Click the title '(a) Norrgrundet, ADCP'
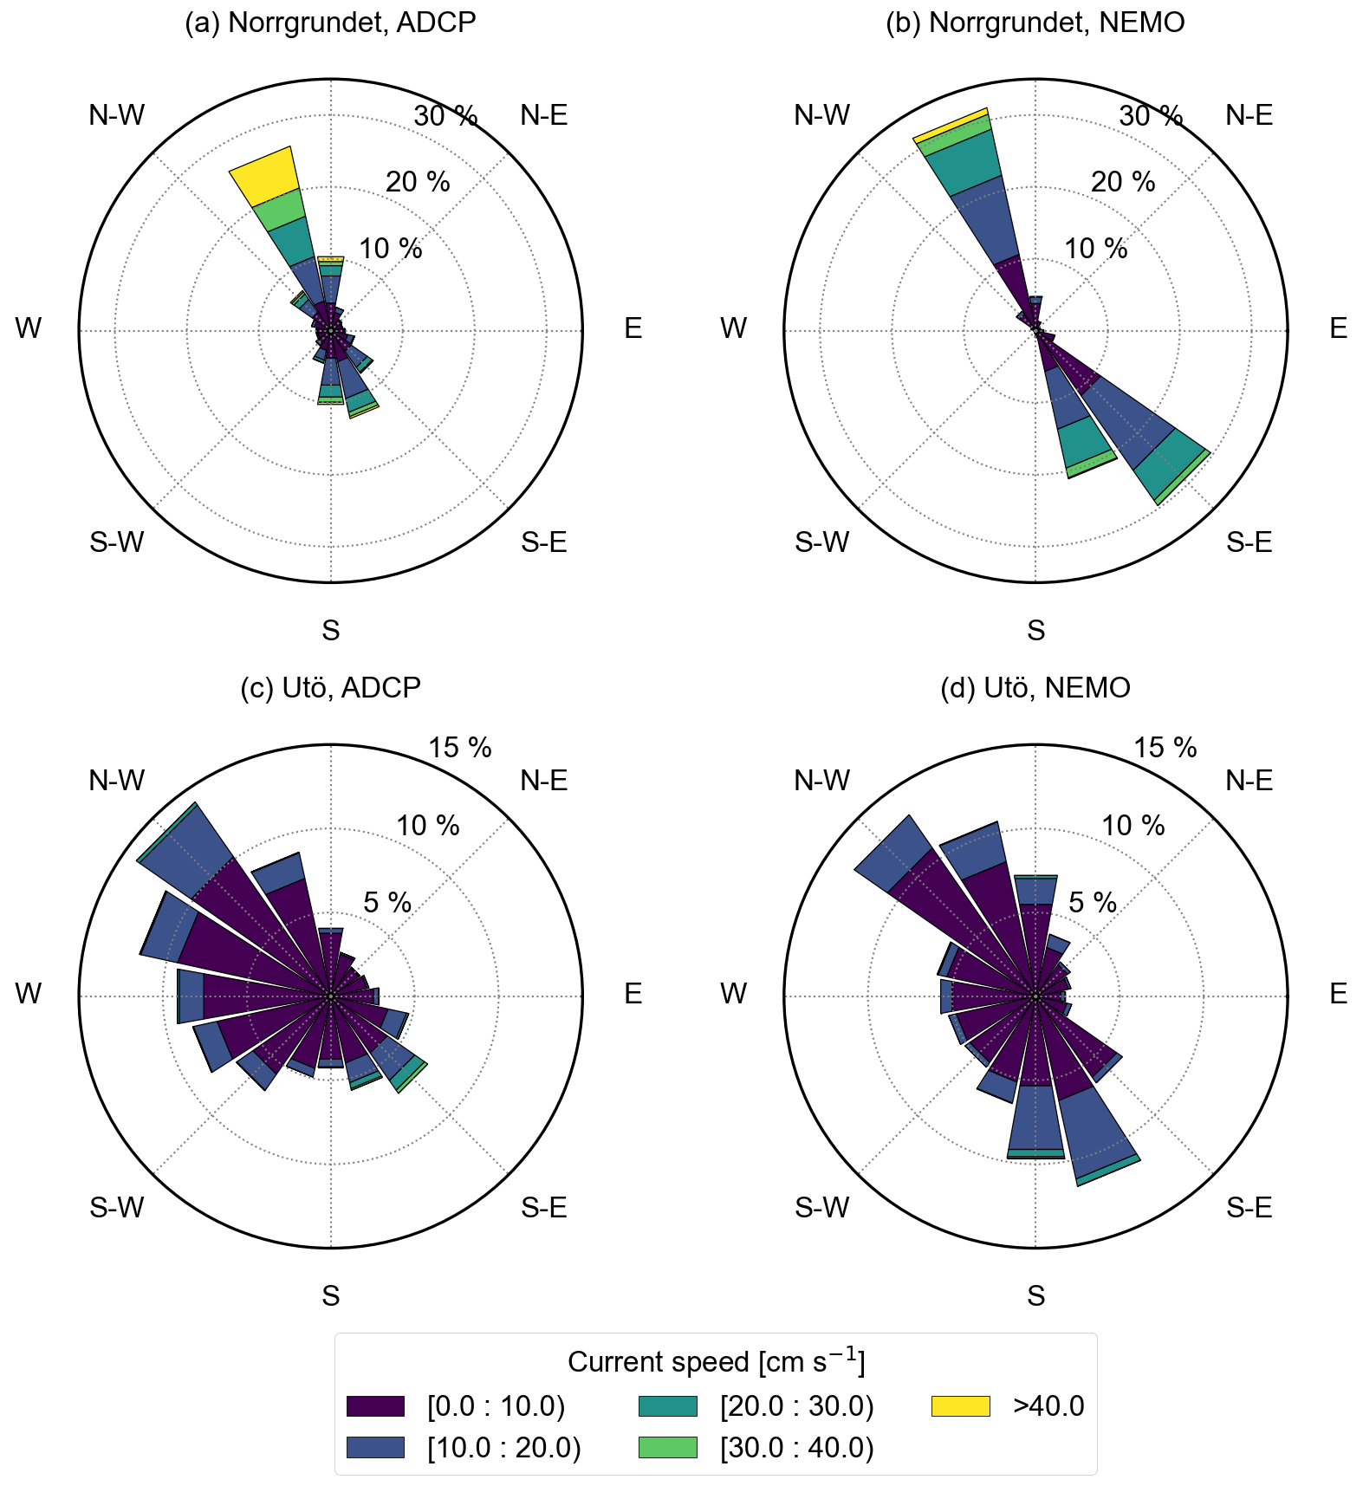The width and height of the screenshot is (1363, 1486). (x=330, y=23)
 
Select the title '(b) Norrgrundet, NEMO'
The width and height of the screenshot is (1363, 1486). (x=1035, y=23)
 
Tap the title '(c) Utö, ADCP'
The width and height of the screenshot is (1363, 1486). (x=330, y=688)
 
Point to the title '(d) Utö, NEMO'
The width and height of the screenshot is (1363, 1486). (x=1035, y=688)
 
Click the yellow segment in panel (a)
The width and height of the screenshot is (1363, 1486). (x=264, y=175)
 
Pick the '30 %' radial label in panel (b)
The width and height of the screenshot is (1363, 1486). (x=1151, y=116)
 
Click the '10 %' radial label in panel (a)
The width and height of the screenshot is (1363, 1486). (x=391, y=249)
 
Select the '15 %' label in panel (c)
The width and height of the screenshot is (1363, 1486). (x=460, y=748)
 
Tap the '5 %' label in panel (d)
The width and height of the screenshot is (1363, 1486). (x=1092, y=903)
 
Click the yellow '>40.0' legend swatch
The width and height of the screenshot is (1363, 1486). (x=960, y=1406)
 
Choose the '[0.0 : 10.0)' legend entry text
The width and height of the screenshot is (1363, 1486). (x=496, y=1406)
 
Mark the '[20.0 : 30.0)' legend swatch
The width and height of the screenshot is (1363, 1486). (x=667, y=1406)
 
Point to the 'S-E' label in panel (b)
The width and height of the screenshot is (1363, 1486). (x=1249, y=543)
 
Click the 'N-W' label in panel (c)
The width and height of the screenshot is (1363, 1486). (x=117, y=781)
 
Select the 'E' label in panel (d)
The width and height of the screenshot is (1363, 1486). (x=1338, y=994)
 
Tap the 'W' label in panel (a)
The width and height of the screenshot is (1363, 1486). (x=29, y=329)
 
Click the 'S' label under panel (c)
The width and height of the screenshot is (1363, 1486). (x=330, y=1295)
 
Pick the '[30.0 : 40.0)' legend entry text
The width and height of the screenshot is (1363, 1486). (x=796, y=1448)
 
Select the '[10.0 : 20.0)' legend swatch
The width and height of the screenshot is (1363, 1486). (x=375, y=1448)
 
